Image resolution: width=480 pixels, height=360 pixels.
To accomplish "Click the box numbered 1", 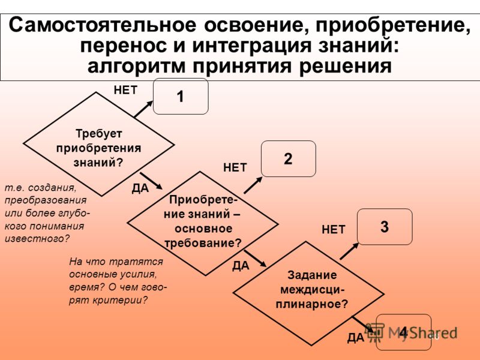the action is click(181, 97).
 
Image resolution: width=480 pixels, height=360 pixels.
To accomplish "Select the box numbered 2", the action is click(289, 158).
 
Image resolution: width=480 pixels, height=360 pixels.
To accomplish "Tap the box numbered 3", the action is click(385, 227).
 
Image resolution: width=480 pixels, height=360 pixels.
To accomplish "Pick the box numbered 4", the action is click(403, 332).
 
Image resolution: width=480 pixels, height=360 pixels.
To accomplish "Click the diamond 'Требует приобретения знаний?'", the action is click(99, 144).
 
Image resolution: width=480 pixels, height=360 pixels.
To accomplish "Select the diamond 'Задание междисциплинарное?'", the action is click(308, 293).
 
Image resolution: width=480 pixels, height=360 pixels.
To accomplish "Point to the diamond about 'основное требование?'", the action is click(203, 223).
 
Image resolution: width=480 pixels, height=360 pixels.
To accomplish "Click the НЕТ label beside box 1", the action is click(126, 91).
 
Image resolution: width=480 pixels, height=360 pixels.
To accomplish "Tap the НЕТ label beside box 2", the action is click(235, 168).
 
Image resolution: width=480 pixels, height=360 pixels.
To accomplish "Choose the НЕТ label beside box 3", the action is click(334, 230).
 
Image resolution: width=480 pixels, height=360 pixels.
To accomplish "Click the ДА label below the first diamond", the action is click(140, 188).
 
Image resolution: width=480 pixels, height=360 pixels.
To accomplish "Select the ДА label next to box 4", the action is click(356, 338).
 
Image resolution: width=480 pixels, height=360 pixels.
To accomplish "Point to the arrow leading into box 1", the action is click(143, 109).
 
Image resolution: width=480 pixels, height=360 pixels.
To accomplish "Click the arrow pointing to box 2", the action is click(253, 185).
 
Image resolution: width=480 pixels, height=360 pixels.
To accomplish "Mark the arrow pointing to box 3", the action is click(349, 251).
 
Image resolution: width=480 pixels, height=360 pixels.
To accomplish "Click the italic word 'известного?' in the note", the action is click(37, 239).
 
